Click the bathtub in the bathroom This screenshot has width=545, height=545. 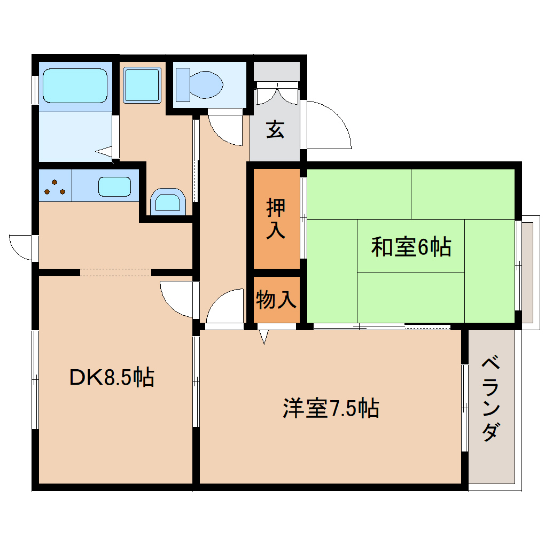[75, 85]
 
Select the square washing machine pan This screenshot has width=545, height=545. [142, 84]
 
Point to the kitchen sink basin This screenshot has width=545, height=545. [114, 186]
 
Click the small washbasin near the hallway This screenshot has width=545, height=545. [168, 201]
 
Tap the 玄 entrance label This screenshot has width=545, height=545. [275, 130]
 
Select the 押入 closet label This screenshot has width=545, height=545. [276, 219]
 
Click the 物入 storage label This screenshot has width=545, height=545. [276, 300]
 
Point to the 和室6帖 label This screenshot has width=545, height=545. [411, 247]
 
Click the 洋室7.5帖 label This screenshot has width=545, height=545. [331, 409]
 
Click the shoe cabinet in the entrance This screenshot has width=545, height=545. [276, 93]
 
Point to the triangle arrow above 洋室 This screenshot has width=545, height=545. [263, 337]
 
